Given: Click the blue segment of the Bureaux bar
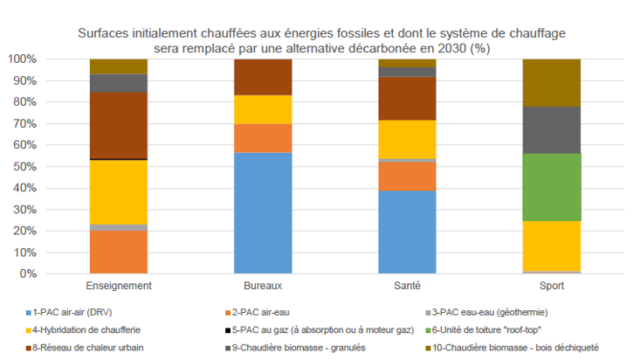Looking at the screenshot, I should click(x=263, y=212).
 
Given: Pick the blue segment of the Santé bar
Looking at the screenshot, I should click(x=406, y=232).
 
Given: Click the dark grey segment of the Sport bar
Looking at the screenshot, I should click(x=550, y=129).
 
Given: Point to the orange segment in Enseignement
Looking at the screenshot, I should click(x=119, y=252).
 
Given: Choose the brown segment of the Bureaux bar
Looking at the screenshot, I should click(x=263, y=77).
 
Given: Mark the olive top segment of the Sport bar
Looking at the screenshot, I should click(x=550, y=82).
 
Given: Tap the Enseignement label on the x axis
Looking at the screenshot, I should click(x=119, y=287).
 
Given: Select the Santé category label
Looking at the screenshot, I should click(x=406, y=287).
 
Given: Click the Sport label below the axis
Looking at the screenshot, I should click(x=550, y=287).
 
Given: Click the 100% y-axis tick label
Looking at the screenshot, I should click(x=21, y=59).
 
